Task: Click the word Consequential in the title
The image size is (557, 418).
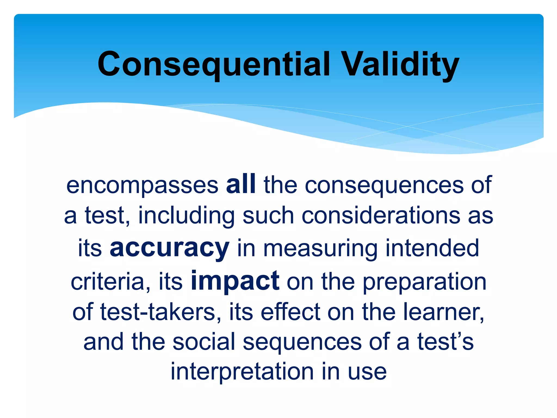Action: click(x=214, y=64)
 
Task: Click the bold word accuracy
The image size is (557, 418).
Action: click(x=169, y=248)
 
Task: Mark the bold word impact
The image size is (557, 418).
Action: click(x=235, y=281)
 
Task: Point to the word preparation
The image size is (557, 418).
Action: click(x=425, y=282)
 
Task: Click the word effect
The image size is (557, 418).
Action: click(x=290, y=312)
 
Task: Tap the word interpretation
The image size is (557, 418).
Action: click(x=242, y=372)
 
